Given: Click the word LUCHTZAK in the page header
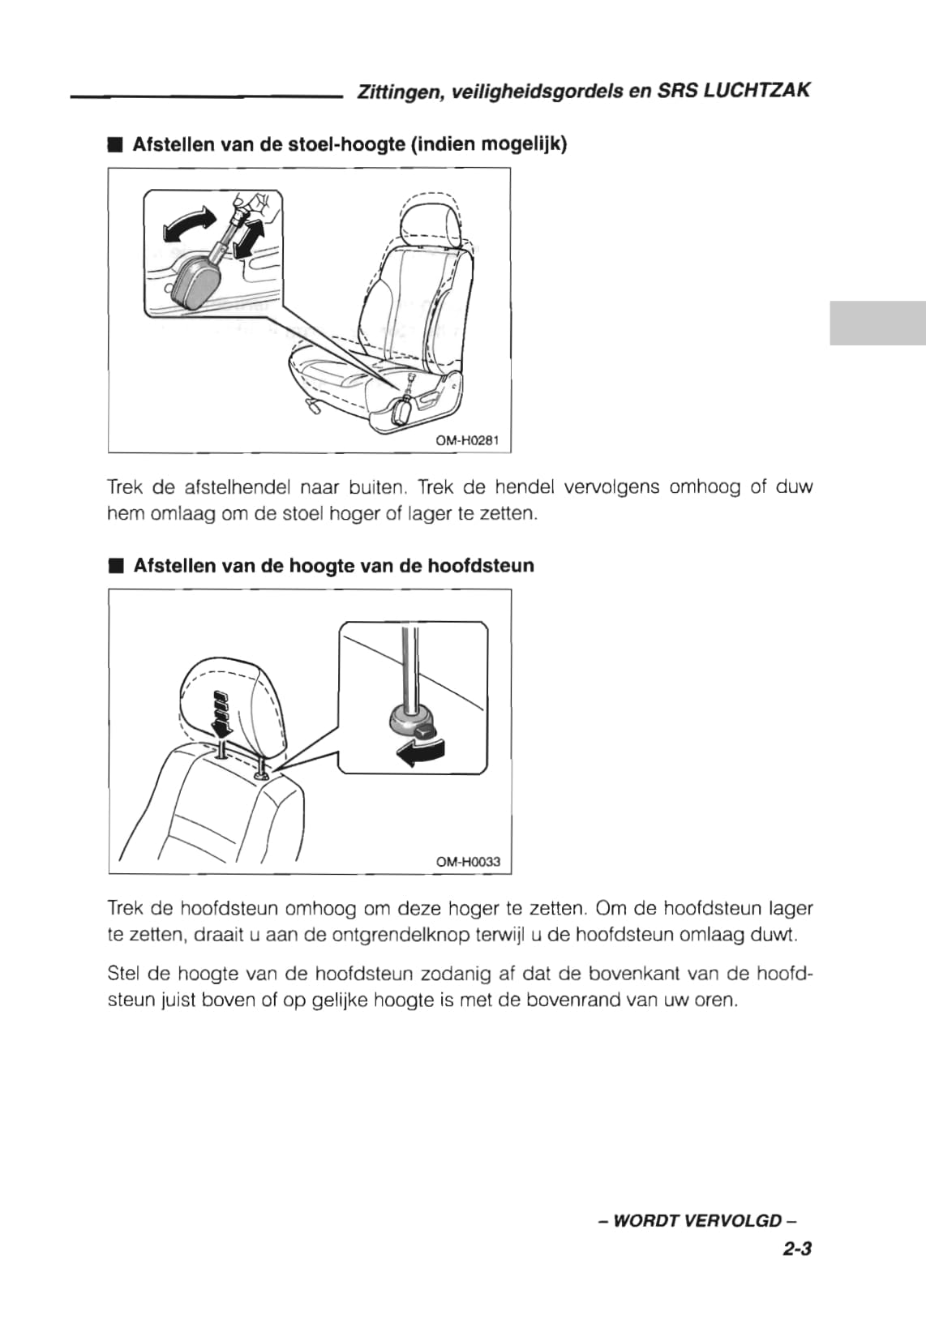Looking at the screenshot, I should click(x=757, y=91).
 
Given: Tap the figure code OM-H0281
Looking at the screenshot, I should click(x=467, y=441).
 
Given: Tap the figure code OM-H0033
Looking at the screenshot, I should click(x=468, y=862).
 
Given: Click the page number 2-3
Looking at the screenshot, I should click(x=797, y=1249).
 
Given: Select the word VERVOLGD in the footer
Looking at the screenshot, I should click(x=738, y=1220).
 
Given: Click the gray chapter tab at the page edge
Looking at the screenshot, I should click(x=877, y=323).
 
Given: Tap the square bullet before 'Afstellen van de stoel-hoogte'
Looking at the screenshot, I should click(x=114, y=145).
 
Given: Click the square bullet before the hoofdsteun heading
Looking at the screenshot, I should click(x=115, y=566).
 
